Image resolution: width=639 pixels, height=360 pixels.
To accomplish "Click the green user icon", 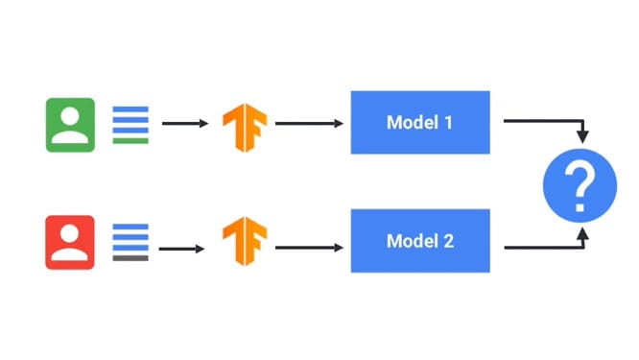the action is tap(70, 125).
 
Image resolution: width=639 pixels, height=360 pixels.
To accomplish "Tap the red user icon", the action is tap(70, 242).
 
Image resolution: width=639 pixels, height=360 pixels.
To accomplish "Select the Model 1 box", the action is tap(420, 122).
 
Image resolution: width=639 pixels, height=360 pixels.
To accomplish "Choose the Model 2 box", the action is tap(420, 241).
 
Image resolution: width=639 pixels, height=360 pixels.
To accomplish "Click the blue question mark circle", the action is tap(580, 185).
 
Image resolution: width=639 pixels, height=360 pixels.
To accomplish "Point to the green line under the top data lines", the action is tap(130, 141).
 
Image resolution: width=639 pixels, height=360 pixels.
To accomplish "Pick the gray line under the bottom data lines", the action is tap(130, 258).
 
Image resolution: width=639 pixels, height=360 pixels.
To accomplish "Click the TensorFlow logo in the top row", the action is tap(245, 128).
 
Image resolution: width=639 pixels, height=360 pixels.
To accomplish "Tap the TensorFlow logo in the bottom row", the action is tap(245, 241).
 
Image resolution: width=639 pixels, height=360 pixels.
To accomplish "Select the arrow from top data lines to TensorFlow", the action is tap(185, 123).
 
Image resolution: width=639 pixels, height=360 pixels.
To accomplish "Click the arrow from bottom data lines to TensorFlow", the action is tap(181, 249).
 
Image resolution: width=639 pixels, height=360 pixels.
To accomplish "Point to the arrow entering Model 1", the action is tap(309, 123).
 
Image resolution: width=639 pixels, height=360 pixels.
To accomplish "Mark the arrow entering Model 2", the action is tap(309, 248).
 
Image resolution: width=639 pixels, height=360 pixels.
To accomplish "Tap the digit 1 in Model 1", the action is tap(448, 122).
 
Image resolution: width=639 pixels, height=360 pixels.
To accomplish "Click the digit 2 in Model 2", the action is tap(448, 241).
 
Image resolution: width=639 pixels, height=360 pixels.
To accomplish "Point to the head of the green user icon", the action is tap(70, 116).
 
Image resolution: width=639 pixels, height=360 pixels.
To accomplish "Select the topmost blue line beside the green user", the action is tap(130, 108).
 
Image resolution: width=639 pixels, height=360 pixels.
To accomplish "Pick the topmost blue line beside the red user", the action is tap(130, 227).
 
